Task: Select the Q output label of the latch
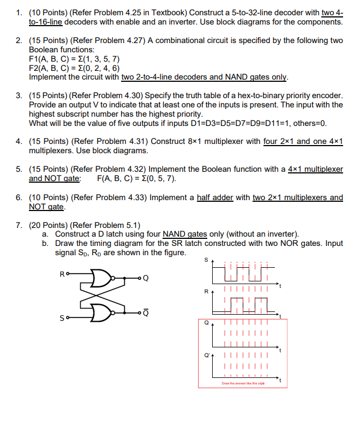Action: [145, 279]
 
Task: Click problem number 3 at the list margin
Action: [19, 95]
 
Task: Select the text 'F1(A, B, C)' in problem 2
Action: [48, 59]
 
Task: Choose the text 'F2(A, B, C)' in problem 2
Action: [48, 68]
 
